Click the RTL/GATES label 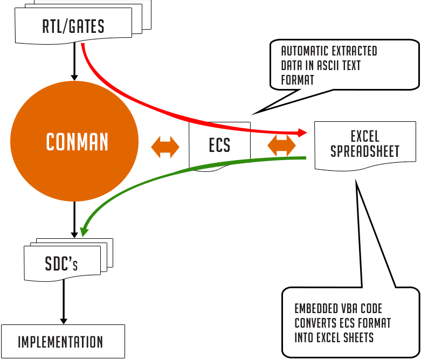[73, 26]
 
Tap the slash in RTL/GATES [69, 26]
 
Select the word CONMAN [77, 142]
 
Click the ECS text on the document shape [219, 146]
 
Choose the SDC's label [61, 264]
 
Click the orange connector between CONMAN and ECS [165, 147]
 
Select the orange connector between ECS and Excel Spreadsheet [281, 147]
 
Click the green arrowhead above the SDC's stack [84, 231]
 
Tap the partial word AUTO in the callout [291, 51]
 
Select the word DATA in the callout [291, 66]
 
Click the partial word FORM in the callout [291, 80]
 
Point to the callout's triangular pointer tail [275, 103]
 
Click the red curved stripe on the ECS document [226, 127]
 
